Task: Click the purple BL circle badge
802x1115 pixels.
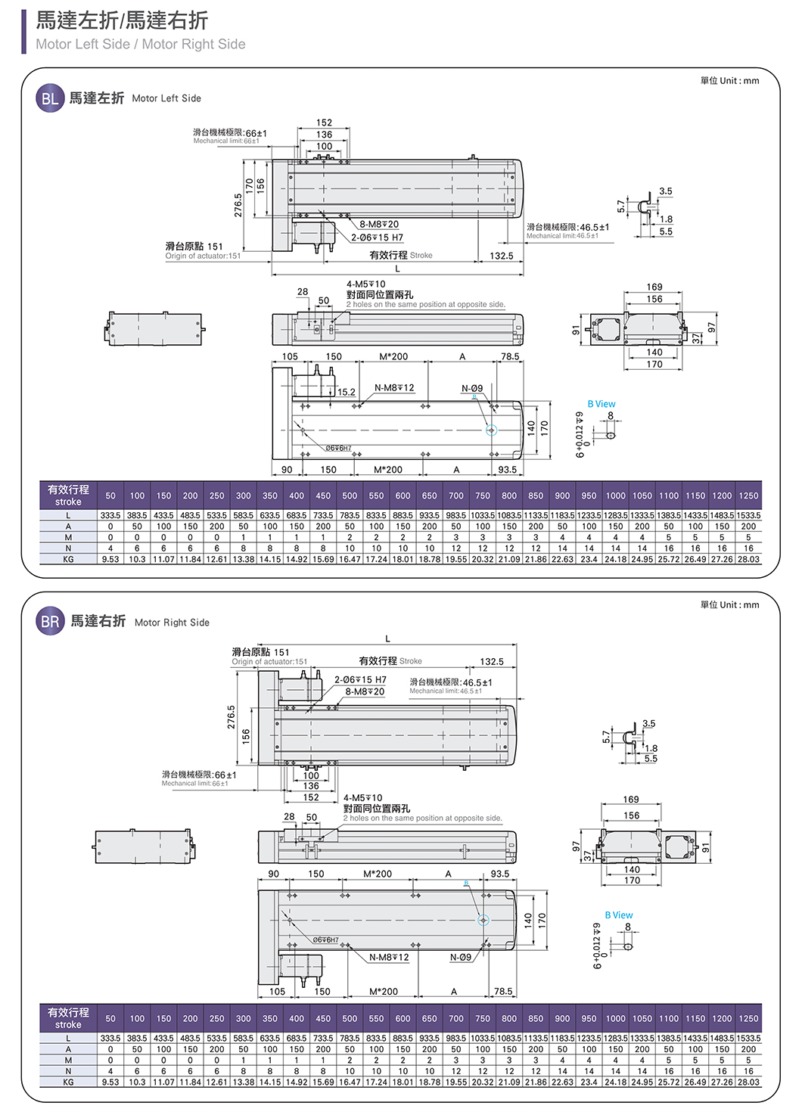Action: pyautogui.click(x=50, y=98)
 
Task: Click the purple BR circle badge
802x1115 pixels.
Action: pyautogui.click(x=50, y=622)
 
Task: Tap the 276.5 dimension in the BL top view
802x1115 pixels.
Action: pyautogui.click(x=238, y=206)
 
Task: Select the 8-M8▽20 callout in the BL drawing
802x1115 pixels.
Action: pyautogui.click(x=379, y=224)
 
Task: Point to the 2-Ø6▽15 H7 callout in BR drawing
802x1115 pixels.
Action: pyautogui.click(x=360, y=680)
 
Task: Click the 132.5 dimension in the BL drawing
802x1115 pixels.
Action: pyautogui.click(x=501, y=256)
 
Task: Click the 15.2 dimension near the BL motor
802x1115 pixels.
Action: pyautogui.click(x=346, y=392)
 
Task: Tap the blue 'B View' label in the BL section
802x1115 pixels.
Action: pyautogui.click(x=601, y=404)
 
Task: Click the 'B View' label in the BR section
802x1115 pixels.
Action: pyautogui.click(x=619, y=915)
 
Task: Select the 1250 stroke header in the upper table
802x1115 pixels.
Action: pyautogui.click(x=748, y=496)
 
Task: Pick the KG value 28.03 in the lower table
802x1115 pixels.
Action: pyautogui.click(x=748, y=1082)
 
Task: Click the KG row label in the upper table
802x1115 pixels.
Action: pyautogui.click(x=68, y=560)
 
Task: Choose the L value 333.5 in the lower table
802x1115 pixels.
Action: pyautogui.click(x=110, y=1039)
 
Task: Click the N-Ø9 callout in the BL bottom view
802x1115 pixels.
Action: pyautogui.click(x=472, y=388)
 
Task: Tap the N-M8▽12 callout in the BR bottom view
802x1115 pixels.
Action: pyautogui.click(x=389, y=958)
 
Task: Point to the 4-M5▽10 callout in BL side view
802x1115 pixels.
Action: pyautogui.click(x=366, y=284)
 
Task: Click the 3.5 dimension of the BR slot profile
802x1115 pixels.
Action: pyautogui.click(x=648, y=724)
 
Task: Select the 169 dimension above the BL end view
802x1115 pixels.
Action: pyautogui.click(x=654, y=287)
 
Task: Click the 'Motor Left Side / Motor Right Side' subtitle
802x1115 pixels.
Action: pyautogui.click(x=141, y=45)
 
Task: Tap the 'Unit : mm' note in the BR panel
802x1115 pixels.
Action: pyautogui.click(x=729, y=605)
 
